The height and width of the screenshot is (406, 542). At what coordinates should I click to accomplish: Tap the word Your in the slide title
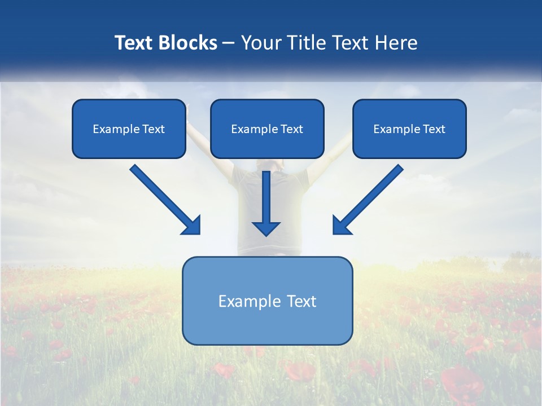261,43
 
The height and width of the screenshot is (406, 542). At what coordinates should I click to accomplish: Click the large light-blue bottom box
267,327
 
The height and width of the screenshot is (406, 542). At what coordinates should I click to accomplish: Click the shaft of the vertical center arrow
266,195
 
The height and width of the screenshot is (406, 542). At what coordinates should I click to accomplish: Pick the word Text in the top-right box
434,129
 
